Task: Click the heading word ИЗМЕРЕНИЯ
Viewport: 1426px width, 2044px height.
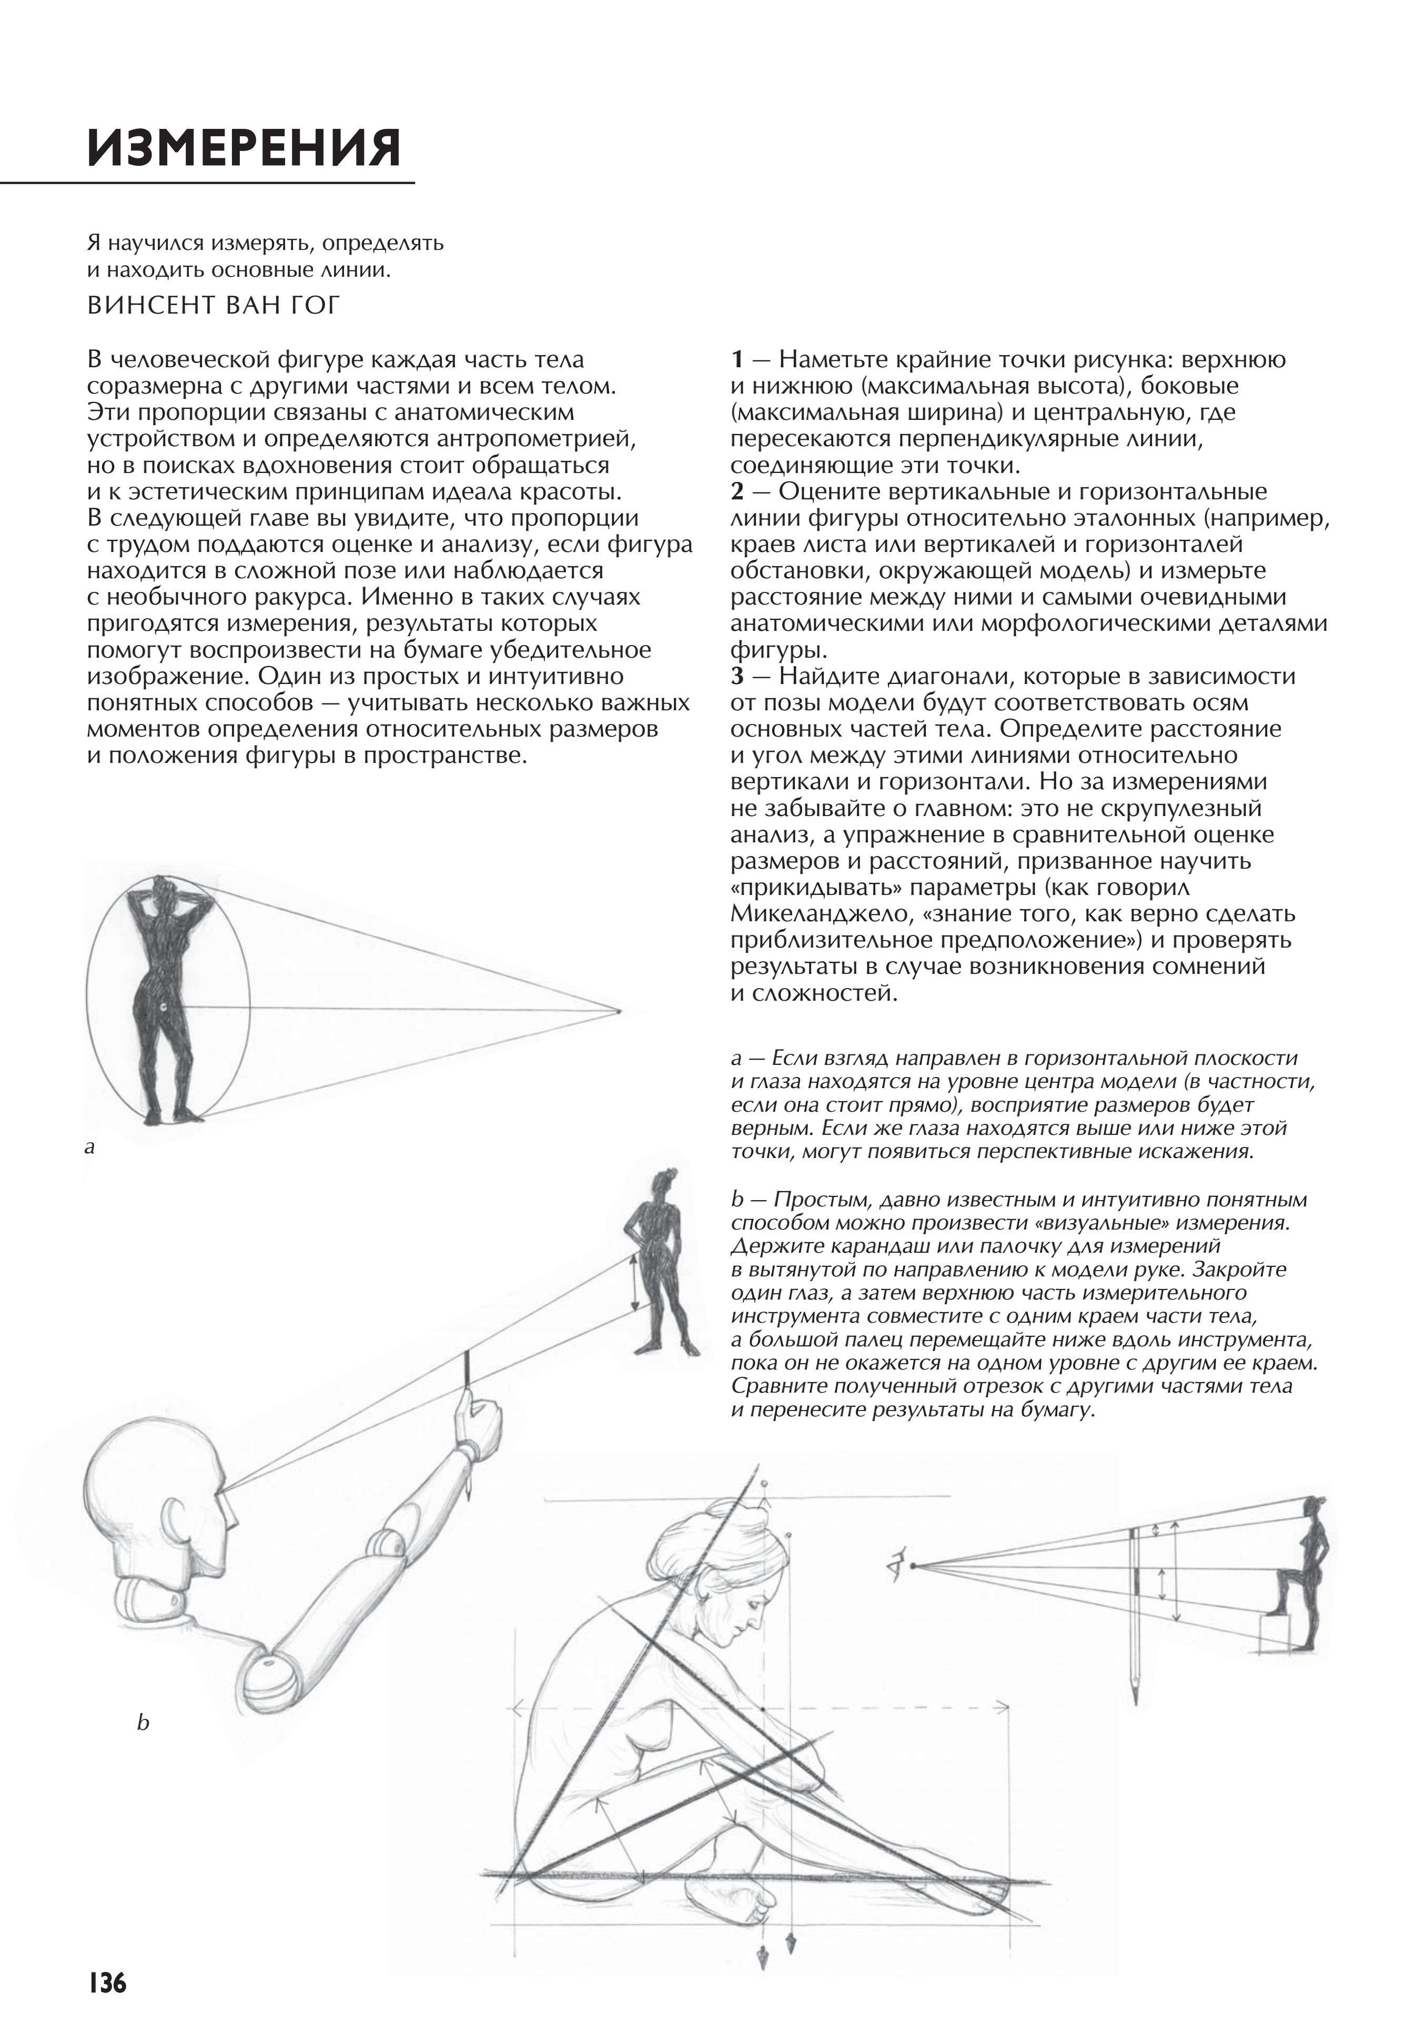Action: [244, 148]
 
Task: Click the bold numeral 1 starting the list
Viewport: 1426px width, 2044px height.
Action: [736, 360]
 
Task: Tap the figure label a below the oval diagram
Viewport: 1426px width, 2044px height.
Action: [89, 1147]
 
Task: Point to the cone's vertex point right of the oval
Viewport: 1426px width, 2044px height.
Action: [619, 1011]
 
